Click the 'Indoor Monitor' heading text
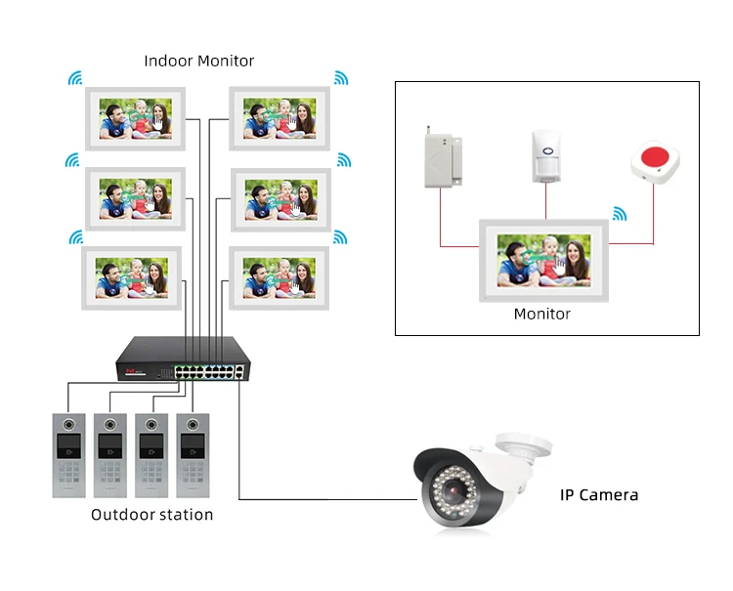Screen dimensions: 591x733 click(x=199, y=61)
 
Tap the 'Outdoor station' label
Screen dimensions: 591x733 click(x=151, y=514)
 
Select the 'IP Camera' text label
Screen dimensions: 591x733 click(x=598, y=495)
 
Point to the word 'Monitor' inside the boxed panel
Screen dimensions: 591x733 click(x=541, y=315)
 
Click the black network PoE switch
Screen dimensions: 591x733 click(x=180, y=359)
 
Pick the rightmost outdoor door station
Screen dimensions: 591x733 click(x=194, y=455)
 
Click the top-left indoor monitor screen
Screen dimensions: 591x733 click(x=135, y=119)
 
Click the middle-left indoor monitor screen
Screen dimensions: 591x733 click(x=135, y=199)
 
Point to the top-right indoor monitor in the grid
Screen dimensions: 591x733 click(x=280, y=119)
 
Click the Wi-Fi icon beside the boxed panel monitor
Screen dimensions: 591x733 click(x=619, y=213)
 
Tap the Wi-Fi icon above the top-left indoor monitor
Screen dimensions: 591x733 click(x=75, y=78)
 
